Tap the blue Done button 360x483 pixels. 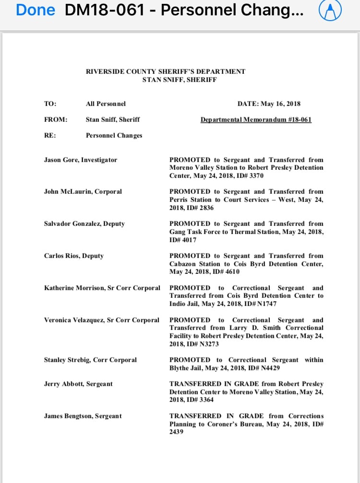point(35,10)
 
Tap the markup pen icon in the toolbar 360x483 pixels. point(330,11)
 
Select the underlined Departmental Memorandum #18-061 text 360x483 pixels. point(256,119)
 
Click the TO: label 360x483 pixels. point(50,104)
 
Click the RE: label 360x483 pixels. point(50,135)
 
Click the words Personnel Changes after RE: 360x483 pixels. point(114,135)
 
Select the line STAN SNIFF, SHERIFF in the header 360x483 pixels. point(180,80)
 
